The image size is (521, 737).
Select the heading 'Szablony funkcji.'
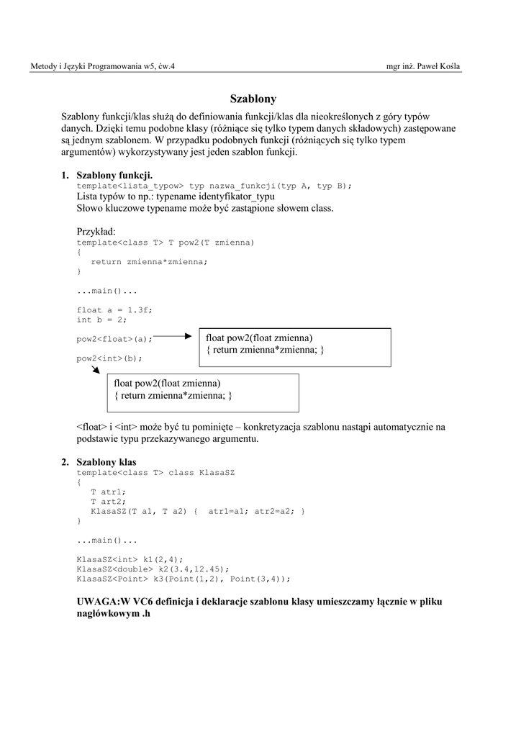[114, 175]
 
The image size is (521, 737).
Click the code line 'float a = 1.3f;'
[114, 310]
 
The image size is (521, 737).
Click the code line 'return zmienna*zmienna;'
[149, 262]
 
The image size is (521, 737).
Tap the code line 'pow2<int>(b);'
[109, 358]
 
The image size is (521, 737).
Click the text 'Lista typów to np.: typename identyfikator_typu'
[176, 196]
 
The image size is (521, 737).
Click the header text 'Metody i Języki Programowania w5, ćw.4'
[102, 67]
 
